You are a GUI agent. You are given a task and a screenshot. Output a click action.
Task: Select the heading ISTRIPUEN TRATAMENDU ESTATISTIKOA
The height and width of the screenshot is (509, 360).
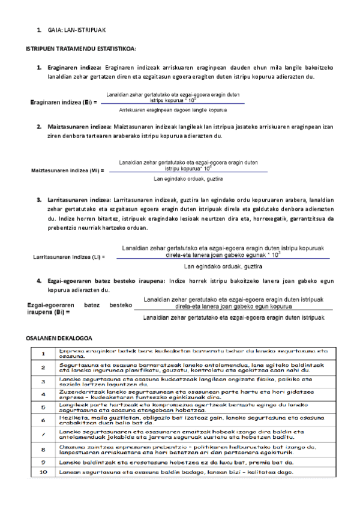81,48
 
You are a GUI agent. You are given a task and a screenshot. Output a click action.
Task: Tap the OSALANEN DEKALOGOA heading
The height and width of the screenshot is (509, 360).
58,339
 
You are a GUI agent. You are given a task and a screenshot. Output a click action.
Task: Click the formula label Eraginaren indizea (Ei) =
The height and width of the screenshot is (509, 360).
64,103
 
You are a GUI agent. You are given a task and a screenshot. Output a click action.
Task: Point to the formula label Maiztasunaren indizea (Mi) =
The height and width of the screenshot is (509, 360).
67,170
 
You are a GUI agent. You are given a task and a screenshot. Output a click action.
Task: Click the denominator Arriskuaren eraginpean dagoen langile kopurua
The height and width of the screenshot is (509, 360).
173,110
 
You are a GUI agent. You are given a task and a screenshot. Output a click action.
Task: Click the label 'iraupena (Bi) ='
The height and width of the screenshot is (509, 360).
49,312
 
